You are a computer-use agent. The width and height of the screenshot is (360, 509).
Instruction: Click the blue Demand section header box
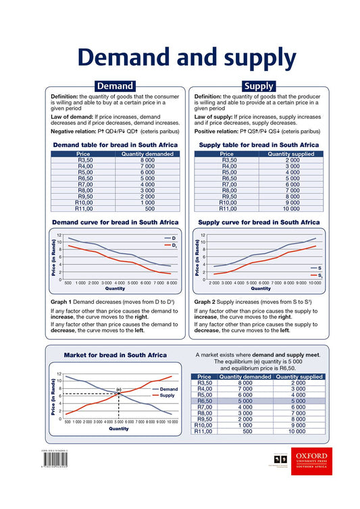click(115, 86)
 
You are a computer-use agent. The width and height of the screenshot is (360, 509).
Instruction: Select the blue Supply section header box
click(258, 86)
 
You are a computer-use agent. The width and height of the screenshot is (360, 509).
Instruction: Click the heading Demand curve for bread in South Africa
click(115, 222)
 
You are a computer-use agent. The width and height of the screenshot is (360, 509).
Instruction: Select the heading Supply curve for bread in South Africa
click(259, 222)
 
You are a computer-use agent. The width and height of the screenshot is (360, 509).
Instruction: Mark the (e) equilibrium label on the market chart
click(119, 390)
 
